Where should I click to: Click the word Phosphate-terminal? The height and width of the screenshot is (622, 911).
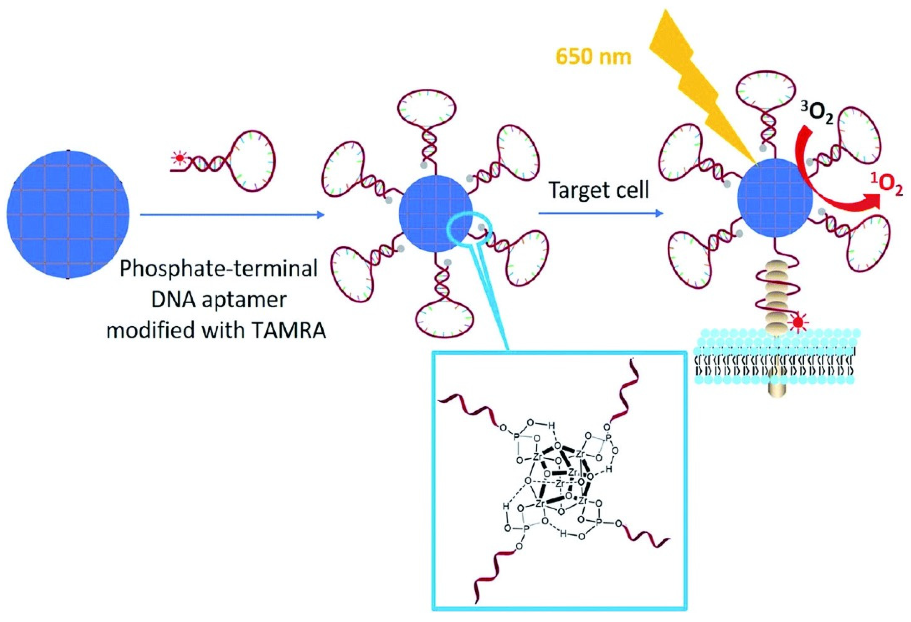point(218,270)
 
